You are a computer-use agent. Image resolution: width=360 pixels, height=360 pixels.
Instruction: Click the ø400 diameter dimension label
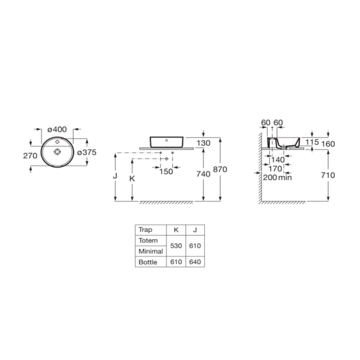57,129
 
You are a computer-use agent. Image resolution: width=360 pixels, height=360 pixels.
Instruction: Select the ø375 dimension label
87,152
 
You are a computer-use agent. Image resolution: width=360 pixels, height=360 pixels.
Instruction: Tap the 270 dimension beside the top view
30,156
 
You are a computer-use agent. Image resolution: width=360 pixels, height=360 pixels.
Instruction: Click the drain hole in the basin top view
57,152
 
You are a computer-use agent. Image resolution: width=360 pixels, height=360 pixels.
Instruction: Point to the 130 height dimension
204,144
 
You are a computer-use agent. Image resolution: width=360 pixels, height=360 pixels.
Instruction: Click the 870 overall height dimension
220,169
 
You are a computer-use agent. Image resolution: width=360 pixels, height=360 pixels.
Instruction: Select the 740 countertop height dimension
204,174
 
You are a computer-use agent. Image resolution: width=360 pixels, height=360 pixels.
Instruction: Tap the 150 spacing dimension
166,172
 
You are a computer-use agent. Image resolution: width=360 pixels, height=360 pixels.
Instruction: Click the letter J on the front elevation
115,176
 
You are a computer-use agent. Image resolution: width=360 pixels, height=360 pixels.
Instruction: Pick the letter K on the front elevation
132,179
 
